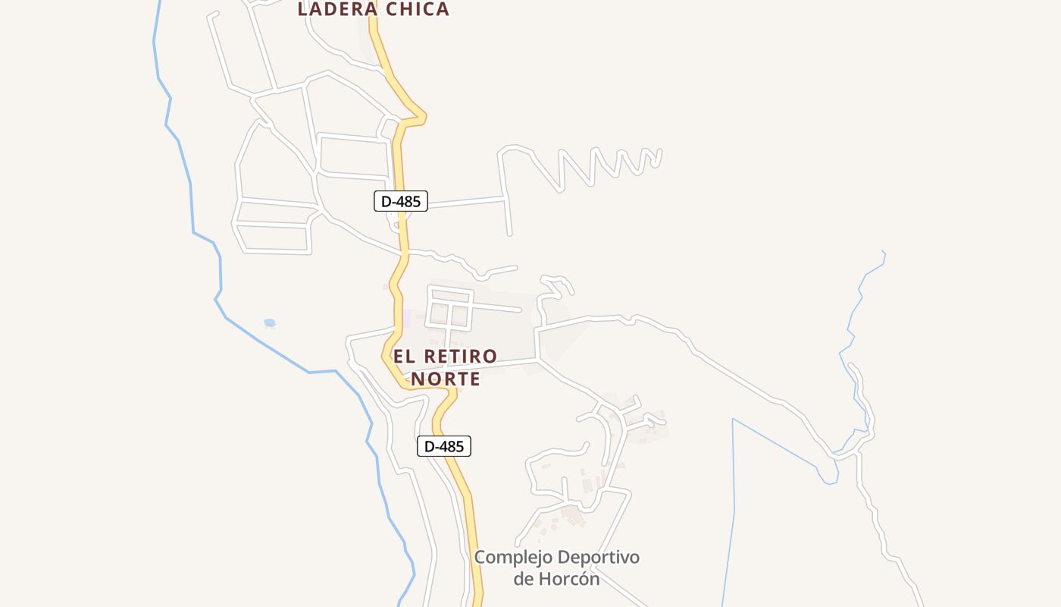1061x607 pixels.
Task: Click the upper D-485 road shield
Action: point(401,201)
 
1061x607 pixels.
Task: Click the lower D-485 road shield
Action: point(444,446)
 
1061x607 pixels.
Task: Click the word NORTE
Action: point(446,379)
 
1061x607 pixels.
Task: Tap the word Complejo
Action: point(513,558)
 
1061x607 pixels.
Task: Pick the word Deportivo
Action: point(599,558)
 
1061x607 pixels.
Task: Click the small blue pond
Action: point(269,322)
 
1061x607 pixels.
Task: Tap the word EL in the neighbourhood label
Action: point(403,356)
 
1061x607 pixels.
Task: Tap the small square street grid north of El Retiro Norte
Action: point(449,307)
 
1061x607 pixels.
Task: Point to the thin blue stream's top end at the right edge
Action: point(883,251)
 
